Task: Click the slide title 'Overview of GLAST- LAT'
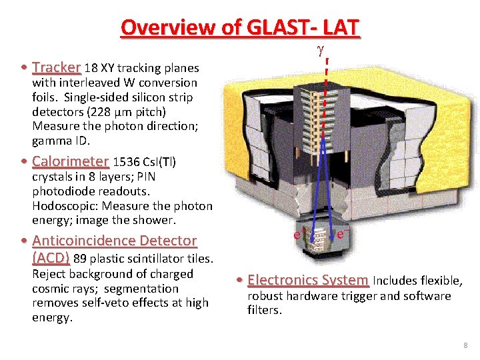(x=240, y=27)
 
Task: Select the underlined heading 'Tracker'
(x=56, y=67)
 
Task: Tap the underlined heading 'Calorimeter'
(x=70, y=161)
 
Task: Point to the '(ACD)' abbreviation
(x=51, y=258)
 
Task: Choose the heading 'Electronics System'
(x=308, y=281)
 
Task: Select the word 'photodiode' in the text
(x=62, y=191)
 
